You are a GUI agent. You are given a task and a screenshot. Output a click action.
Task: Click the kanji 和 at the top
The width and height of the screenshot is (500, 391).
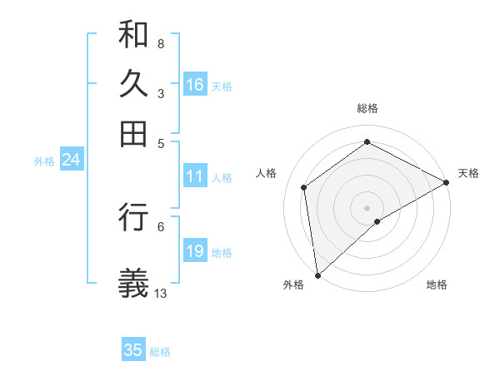pos(133,34)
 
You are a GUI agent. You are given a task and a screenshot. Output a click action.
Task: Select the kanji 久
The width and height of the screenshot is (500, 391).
pos(133,84)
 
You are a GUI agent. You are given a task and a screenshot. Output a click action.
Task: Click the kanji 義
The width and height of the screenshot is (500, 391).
pos(133,283)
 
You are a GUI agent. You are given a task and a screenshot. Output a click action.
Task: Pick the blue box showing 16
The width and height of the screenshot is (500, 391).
pos(195,85)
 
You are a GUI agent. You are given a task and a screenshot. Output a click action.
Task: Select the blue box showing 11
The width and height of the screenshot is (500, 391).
pos(195,176)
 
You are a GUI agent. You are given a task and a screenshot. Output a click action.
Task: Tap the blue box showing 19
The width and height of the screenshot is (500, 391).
pos(195,251)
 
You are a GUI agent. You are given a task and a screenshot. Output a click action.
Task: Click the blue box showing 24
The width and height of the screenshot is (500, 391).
pos(71,160)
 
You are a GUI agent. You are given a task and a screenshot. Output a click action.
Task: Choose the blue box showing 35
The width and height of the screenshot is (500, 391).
pos(133,350)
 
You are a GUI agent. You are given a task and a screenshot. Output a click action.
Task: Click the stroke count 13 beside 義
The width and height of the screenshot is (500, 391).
pos(161,293)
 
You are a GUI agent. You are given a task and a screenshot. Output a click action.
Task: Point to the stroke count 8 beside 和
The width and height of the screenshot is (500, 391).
pos(161,43)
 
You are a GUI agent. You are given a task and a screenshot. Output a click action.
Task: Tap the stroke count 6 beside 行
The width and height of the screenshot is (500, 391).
pos(161,226)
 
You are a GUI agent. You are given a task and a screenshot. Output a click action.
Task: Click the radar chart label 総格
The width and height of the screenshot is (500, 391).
pos(367,108)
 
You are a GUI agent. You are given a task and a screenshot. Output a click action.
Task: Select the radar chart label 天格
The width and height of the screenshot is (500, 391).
pos(468,173)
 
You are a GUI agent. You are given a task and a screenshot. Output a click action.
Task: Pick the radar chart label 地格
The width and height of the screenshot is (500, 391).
pos(437,285)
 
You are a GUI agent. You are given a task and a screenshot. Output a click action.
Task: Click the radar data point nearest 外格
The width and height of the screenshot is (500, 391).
pos(317,275)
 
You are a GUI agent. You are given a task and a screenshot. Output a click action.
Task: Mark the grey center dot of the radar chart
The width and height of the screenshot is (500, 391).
pos(367,207)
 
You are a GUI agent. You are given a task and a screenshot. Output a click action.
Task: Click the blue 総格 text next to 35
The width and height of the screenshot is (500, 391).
pos(160,352)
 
